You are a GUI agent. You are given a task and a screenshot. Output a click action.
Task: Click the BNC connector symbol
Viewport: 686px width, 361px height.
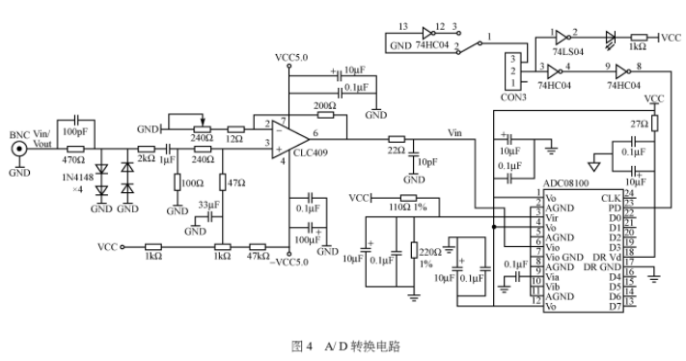pyautogui.click(x=17, y=150)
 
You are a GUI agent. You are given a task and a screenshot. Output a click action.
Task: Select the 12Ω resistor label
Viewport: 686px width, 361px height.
pyautogui.click(x=234, y=140)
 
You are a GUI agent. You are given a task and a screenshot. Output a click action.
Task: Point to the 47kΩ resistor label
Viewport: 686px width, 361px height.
pyautogui.click(x=258, y=257)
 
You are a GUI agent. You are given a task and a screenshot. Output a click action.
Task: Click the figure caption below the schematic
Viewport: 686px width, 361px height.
pyautogui.click(x=344, y=344)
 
